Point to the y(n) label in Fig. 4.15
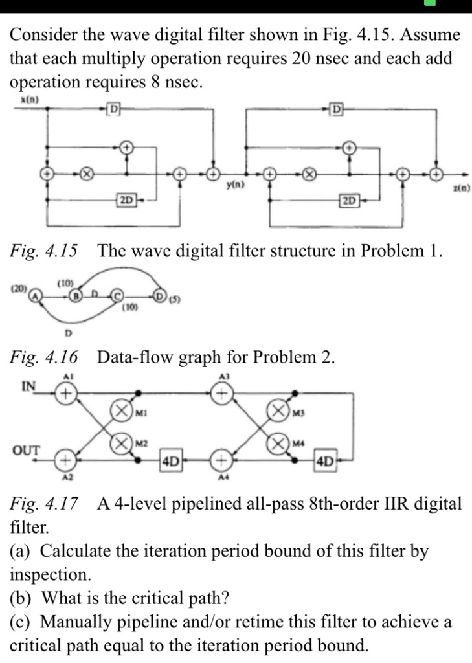pyautogui.click(x=234, y=185)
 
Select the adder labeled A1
pyautogui.click(x=65, y=393)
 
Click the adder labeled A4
pyautogui.click(x=222, y=461)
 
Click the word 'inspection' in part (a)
pyautogui.click(x=47, y=574)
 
